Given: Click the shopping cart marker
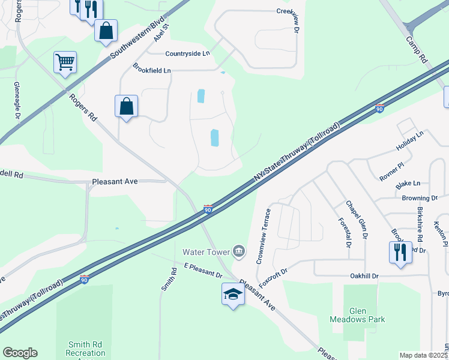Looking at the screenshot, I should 65,61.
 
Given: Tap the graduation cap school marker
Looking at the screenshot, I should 233,294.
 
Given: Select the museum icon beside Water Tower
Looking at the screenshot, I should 239,250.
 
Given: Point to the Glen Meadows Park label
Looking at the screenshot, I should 366,315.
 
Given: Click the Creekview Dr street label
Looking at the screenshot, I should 291,19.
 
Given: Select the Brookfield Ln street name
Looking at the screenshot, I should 152,70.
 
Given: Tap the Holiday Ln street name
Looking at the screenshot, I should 409,142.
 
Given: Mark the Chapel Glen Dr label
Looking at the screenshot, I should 355,220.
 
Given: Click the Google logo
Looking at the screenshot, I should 20,352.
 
